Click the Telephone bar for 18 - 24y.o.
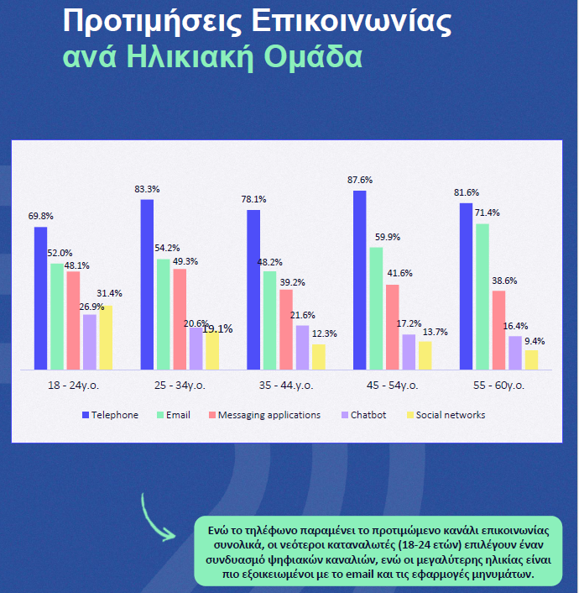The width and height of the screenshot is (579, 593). pos(40,298)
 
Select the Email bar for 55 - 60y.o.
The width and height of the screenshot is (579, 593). pos(482,296)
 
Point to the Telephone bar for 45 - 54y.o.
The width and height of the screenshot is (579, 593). pos(360,280)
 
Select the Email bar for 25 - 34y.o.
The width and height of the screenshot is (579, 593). pos(163,314)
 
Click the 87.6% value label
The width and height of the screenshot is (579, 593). pos(358,180)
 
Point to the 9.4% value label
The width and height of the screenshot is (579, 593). pos(534,341)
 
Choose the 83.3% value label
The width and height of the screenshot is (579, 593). pos(147,189)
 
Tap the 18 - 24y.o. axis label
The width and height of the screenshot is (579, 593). pos(73,386)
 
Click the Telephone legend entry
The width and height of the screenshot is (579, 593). pos(110,415)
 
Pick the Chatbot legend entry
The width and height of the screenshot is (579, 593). pos(363,415)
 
